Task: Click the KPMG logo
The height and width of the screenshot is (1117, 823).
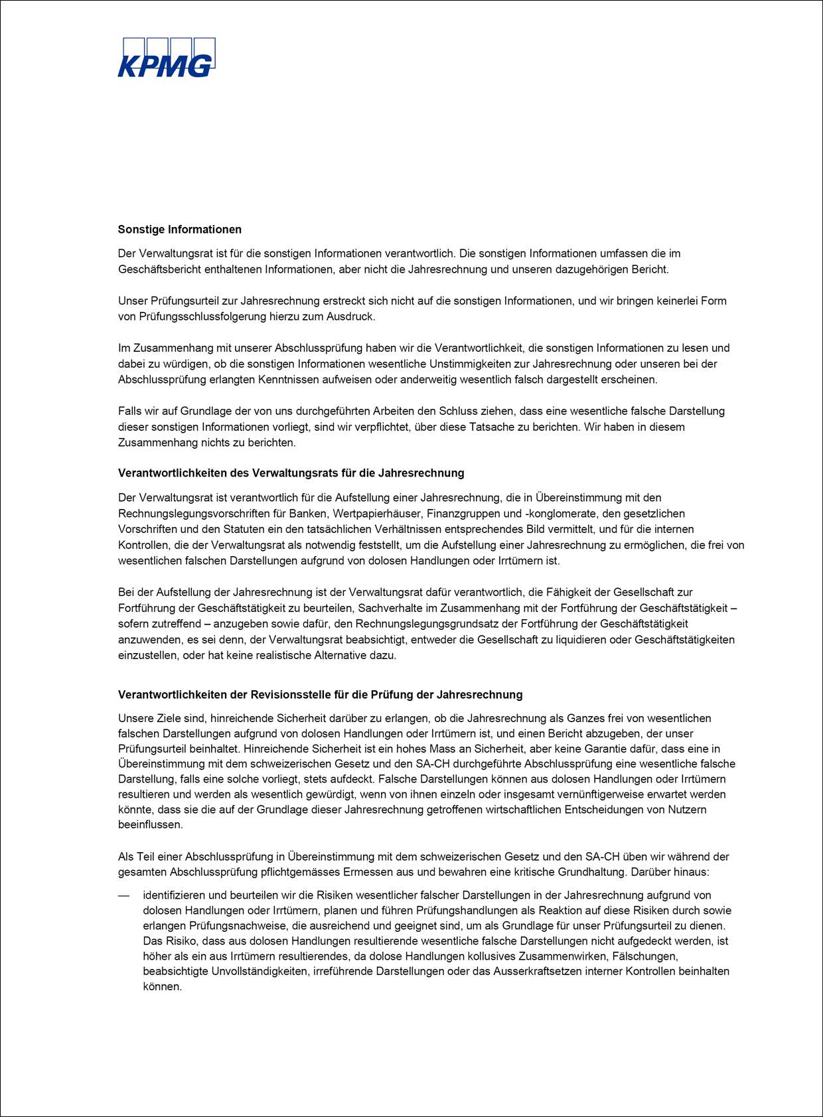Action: (167, 58)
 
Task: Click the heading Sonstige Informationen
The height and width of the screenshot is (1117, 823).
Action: (180, 230)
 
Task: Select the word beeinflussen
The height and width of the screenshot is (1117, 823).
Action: (150, 825)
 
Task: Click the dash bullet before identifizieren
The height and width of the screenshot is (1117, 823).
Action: (123, 895)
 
